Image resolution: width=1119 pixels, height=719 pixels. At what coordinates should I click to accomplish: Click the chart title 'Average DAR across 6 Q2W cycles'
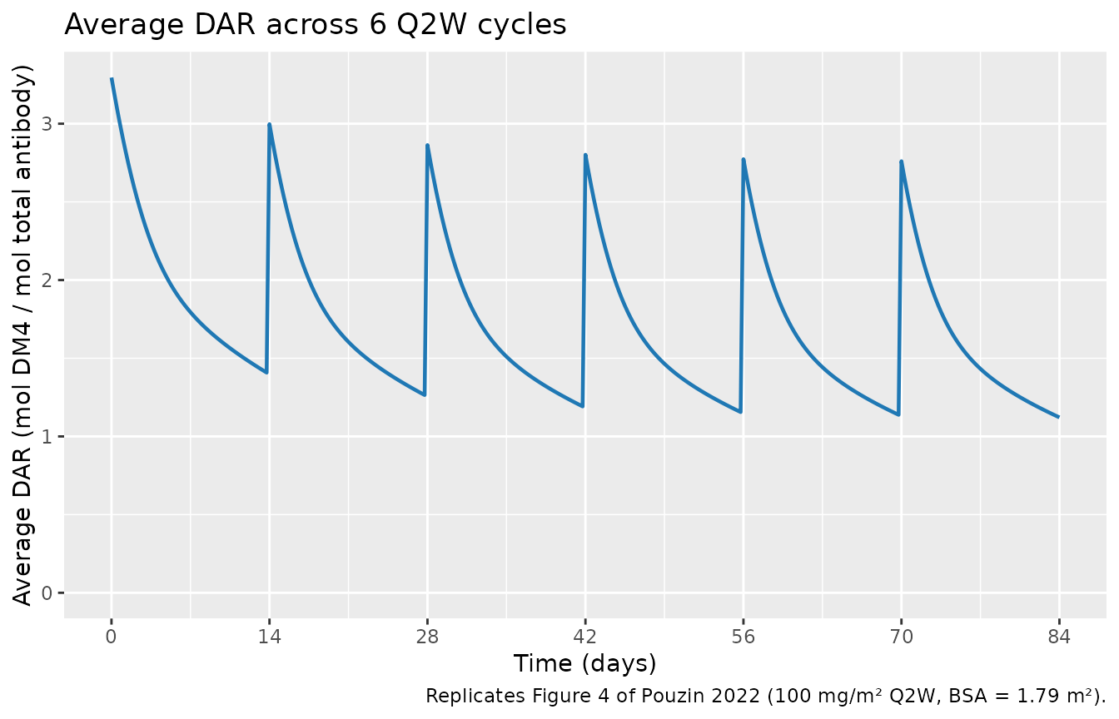[315, 25]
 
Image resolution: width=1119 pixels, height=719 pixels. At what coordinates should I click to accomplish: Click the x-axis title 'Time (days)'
[584, 663]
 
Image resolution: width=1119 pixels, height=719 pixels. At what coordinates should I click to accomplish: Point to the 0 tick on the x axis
[111, 637]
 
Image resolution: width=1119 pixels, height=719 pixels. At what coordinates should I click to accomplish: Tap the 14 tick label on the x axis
[269, 637]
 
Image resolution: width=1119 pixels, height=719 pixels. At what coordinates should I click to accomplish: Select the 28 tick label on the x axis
[427, 637]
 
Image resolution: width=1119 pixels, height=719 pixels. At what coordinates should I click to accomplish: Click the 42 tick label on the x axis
[585, 637]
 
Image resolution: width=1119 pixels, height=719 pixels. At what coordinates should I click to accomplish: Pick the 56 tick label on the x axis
[743, 637]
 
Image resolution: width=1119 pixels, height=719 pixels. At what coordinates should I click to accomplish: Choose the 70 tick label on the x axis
[901, 637]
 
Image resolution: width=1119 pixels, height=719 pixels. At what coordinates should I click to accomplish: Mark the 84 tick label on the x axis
[1058, 637]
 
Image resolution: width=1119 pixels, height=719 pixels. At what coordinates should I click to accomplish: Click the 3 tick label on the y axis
[47, 124]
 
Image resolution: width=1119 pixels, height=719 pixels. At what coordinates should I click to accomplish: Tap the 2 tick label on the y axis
[47, 280]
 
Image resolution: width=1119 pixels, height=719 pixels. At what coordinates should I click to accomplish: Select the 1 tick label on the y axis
[47, 437]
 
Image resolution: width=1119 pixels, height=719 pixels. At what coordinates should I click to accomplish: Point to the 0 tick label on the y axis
[47, 593]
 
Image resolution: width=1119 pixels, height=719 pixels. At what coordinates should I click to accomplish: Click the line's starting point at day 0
[112, 79]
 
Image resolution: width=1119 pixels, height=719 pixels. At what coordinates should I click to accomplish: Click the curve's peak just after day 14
[270, 124]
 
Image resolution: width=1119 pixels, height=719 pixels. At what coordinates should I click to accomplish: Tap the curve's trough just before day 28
[425, 394]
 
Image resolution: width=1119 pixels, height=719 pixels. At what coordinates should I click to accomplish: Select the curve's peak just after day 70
[902, 161]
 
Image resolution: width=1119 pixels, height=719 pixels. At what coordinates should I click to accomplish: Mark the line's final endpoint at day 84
[1058, 416]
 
